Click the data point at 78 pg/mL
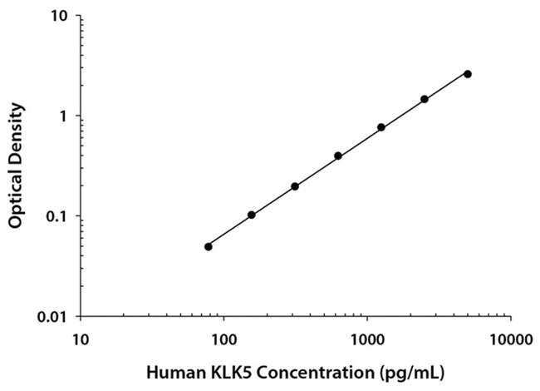pyautogui.click(x=208, y=246)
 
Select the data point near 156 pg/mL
pyautogui.click(x=251, y=215)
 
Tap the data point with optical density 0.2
pyautogui.click(x=295, y=186)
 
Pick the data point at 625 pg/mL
pyautogui.click(x=338, y=156)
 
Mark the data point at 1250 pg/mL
pyautogui.click(x=381, y=127)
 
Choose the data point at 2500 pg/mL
pyautogui.click(x=425, y=99)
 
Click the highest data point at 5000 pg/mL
pyautogui.click(x=468, y=74)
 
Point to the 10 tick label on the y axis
pyautogui.click(x=59, y=16)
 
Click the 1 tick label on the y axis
pyautogui.click(x=64, y=116)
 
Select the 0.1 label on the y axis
pyautogui.click(x=57, y=216)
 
